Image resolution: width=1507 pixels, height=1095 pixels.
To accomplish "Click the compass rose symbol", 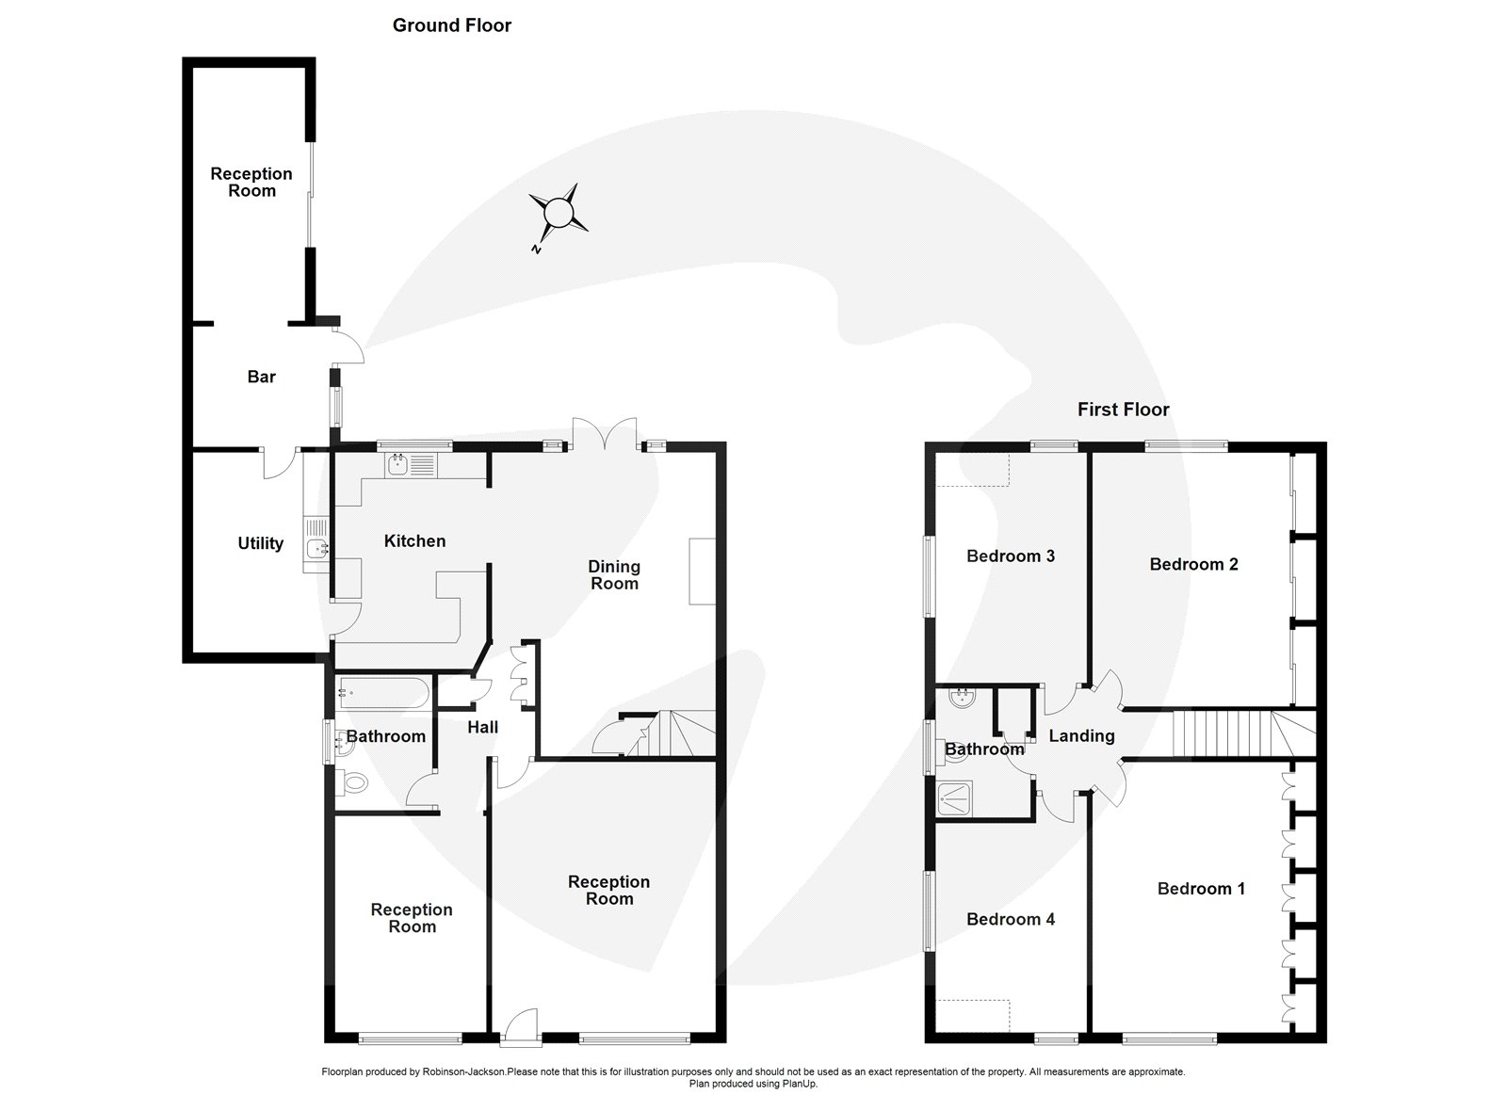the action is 558,213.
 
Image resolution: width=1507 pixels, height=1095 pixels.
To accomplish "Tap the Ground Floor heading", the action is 451,25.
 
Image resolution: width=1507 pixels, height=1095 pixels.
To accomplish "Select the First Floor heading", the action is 1123,409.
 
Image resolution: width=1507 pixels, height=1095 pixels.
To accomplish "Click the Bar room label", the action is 261,377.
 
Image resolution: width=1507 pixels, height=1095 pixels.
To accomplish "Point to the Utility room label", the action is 260,543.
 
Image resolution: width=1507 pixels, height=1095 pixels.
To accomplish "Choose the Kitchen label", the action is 414,540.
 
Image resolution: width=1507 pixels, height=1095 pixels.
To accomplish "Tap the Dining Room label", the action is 613,575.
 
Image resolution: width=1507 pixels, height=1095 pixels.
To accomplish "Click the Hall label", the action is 482,727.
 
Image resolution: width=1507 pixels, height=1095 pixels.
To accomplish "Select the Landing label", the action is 1081,736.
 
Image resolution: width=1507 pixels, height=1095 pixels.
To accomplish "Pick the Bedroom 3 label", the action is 1010,556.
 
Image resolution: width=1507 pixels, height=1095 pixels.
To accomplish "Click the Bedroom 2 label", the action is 1193,564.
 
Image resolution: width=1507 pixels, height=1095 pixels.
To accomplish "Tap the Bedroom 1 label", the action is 1201,889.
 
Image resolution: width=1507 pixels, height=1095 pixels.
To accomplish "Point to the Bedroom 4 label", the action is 1010,919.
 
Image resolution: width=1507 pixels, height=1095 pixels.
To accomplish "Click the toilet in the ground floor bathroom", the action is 352,782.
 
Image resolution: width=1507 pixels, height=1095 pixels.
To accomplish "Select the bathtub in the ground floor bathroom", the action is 383,693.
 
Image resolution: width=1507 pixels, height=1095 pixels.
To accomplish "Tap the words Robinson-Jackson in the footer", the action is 463,1072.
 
